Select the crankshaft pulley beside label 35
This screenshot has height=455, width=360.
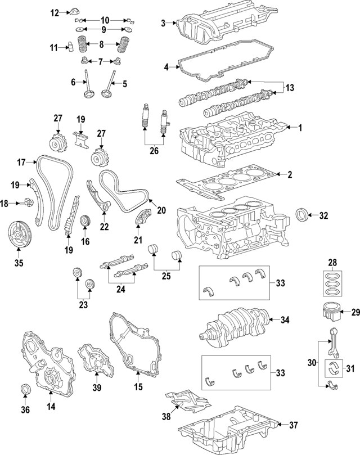(20, 235)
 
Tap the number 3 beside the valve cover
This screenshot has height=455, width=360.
(163, 23)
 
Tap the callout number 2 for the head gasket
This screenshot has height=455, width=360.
(290, 175)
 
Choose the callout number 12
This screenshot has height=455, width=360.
(55, 12)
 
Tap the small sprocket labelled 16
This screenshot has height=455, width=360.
(86, 222)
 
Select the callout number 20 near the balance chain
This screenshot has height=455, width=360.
(161, 211)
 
